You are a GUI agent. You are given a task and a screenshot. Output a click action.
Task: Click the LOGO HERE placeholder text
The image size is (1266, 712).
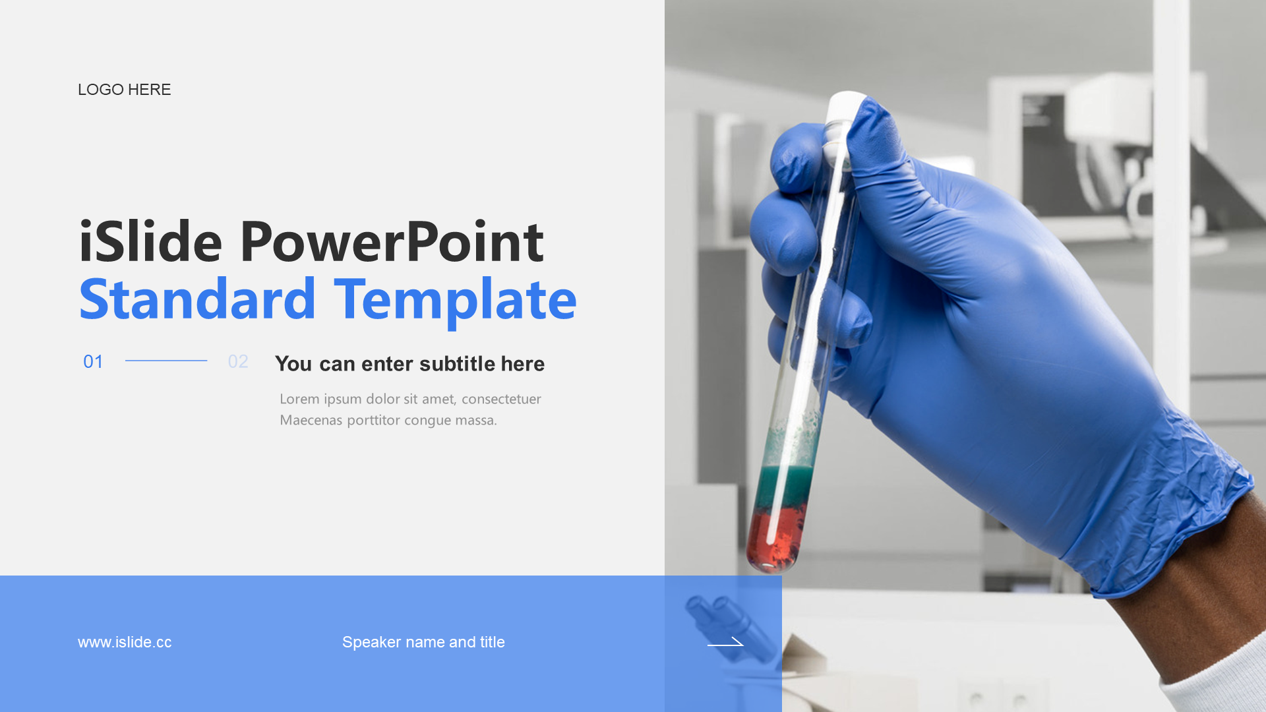(124, 90)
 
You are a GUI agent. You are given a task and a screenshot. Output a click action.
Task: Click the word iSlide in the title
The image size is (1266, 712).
(150, 241)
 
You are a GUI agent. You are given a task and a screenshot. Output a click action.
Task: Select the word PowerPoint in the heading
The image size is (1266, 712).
(392, 241)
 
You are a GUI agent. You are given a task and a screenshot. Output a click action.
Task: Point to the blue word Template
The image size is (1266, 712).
(456, 302)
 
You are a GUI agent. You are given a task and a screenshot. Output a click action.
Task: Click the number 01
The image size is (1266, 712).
(93, 361)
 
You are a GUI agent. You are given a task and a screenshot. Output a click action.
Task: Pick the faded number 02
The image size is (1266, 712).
(238, 361)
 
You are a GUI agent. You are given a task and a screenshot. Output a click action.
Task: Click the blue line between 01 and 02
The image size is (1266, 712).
(166, 361)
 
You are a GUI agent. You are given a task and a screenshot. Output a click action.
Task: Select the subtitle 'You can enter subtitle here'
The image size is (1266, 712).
(409, 364)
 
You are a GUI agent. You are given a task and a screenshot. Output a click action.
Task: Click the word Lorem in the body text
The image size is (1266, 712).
(299, 399)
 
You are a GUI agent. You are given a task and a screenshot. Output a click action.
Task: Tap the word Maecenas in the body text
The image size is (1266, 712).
(311, 420)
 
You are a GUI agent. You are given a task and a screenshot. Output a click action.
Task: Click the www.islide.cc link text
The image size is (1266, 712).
(125, 642)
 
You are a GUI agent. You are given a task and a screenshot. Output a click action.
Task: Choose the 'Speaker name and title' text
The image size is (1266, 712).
(423, 642)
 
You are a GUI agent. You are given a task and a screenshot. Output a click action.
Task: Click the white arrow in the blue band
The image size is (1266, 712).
(725, 641)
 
